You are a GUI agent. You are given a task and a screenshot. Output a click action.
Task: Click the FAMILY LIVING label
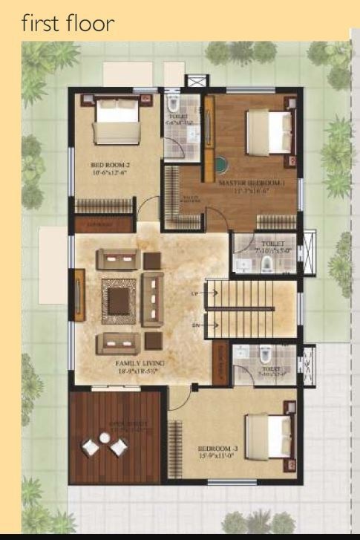pos(140,363)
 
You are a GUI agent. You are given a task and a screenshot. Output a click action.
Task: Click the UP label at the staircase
pos(195,294)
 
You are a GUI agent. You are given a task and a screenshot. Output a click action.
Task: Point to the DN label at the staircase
pos(195,325)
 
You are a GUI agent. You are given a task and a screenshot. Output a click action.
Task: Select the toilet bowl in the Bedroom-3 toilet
pos(264,354)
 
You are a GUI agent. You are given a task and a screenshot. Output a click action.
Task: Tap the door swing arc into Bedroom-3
pos(178,401)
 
